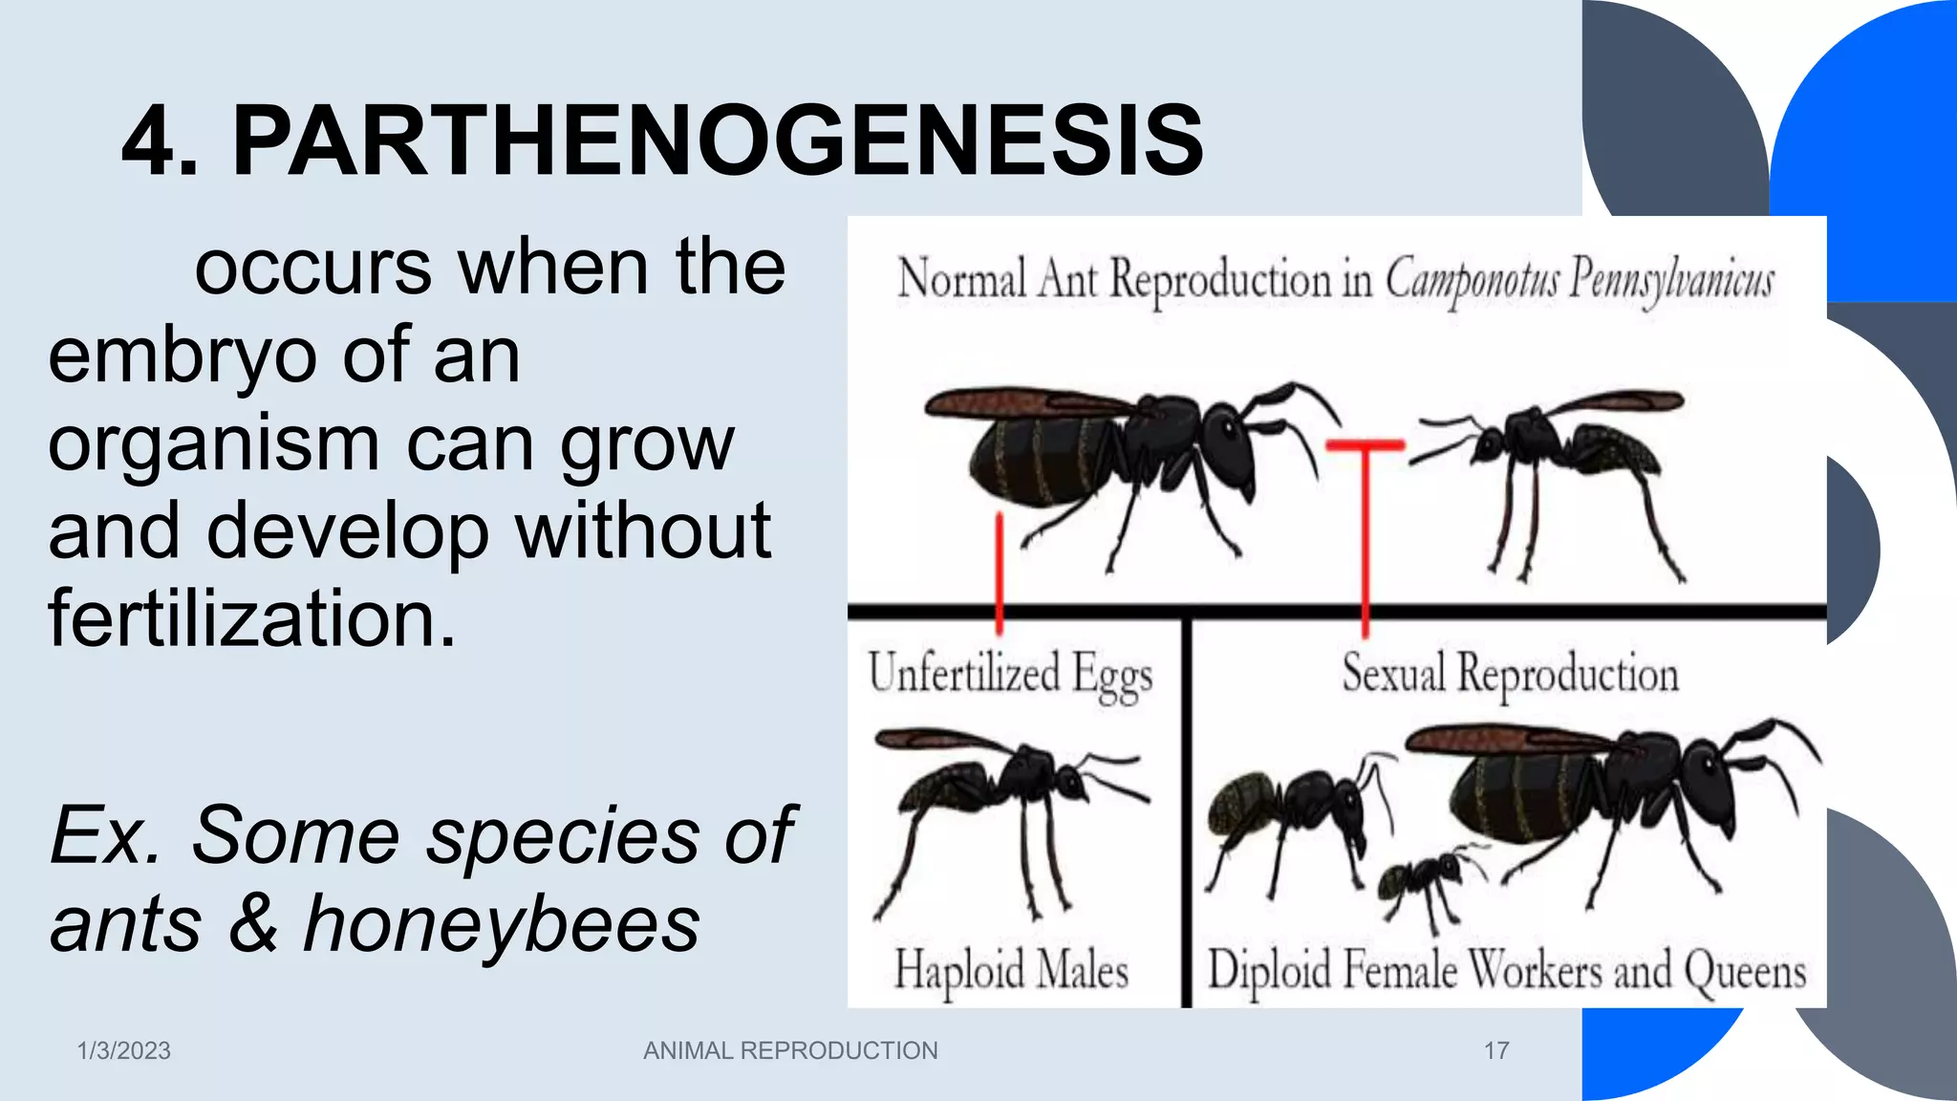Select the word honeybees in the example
[502, 924]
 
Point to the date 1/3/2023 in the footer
[123, 1050]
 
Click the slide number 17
[1496, 1050]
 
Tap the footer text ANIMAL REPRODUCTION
[790, 1050]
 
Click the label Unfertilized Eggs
[1010, 674]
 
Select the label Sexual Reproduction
[1510, 674]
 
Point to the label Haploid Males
[1011, 970]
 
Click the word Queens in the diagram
[1744, 972]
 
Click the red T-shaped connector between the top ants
[1366, 497]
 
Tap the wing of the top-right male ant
[1615, 401]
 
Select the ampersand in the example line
[253, 924]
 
